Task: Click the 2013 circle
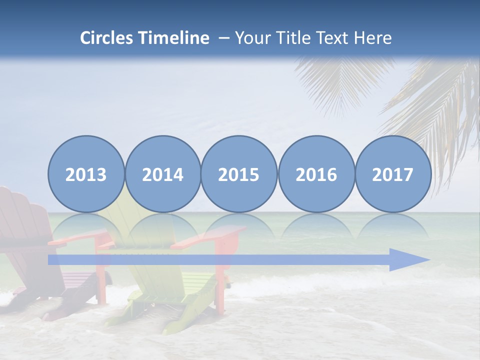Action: pyautogui.click(x=86, y=174)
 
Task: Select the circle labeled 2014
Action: pyautogui.click(x=162, y=174)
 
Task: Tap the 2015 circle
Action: pyautogui.click(x=239, y=174)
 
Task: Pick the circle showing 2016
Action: pyautogui.click(x=316, y=174)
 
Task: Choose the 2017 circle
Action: pyautogui.click(x=392, y=174)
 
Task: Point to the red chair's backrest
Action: pyautogui.click(x=22, y=215)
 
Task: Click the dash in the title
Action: pyautogui.click(x=223, y=38)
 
